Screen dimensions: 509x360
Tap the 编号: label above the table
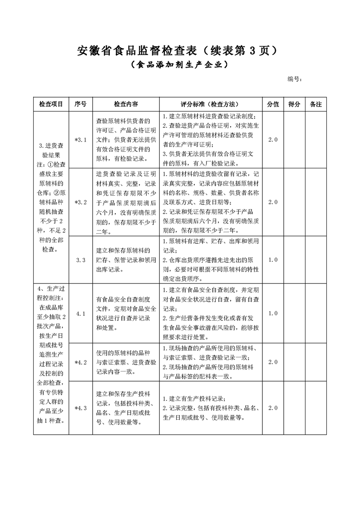point(295,79)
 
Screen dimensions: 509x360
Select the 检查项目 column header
point(51,104)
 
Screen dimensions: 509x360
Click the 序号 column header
point(81,104)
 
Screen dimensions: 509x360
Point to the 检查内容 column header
point(126,104)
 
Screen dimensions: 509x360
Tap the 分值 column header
point(273,104)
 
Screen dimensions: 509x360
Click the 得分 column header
point(294,104)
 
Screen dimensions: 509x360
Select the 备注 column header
point(316,104)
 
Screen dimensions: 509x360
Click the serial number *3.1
point(80,140)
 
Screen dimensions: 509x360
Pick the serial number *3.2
point(80,202)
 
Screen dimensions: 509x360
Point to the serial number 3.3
point(81,260)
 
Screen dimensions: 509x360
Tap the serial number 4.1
point(81,313)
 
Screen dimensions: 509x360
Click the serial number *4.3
point(80,408)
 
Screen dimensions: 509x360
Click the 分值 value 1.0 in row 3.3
point(272,260)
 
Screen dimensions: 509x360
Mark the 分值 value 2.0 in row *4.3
point(272,408)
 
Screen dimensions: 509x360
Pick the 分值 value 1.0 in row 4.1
point(272,313)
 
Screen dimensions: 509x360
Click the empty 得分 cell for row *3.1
point(294,140)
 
